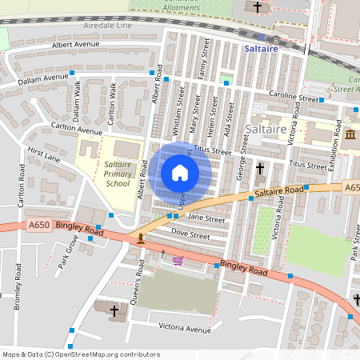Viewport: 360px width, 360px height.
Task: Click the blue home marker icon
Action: [179, 172]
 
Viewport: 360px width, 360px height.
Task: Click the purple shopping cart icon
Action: [177, 260]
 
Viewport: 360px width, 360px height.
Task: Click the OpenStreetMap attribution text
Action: [80, 354]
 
